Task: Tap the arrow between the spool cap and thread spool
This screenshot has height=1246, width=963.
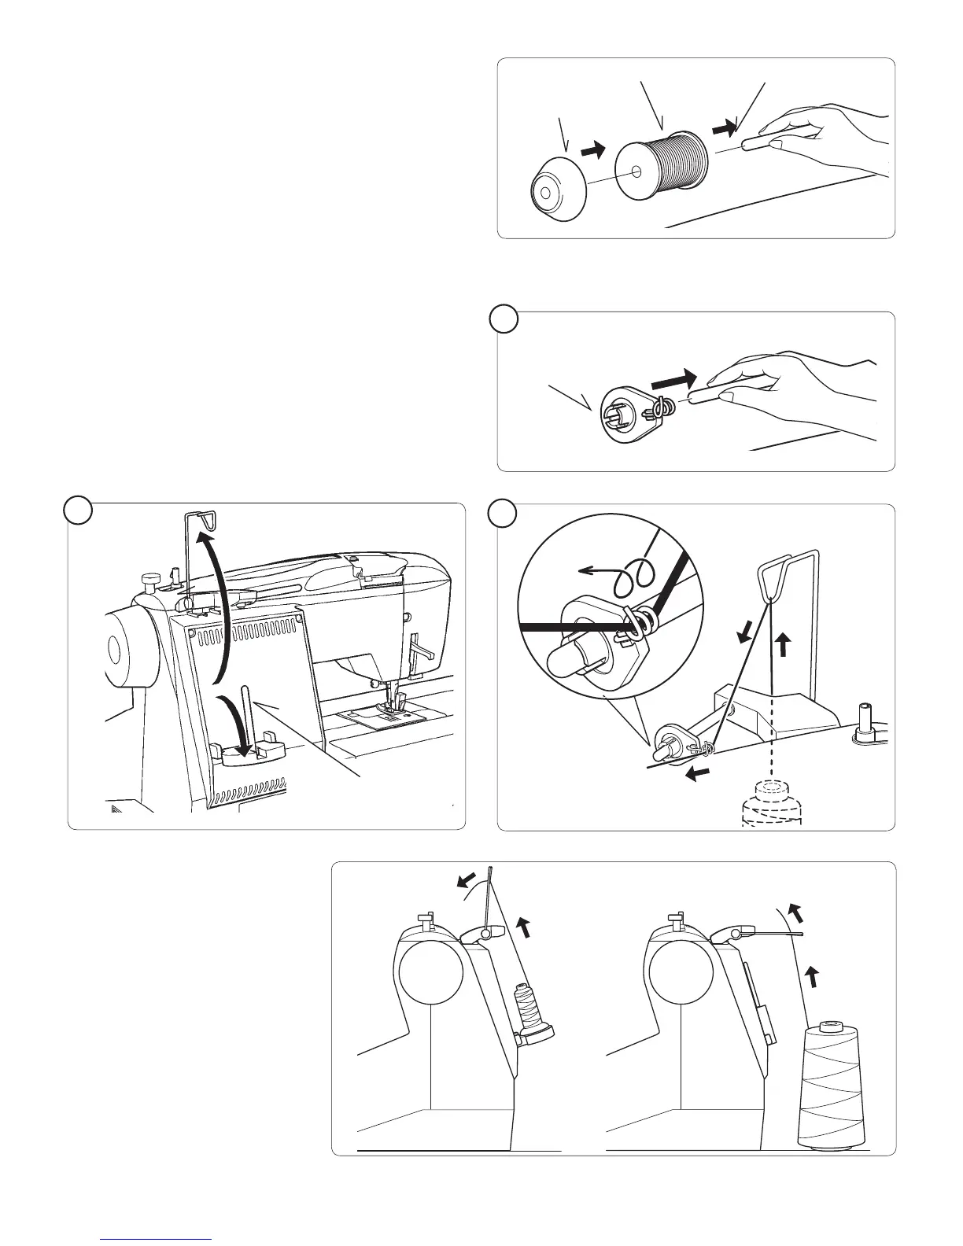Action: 593,149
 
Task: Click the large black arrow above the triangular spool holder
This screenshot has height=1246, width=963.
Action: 676,378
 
